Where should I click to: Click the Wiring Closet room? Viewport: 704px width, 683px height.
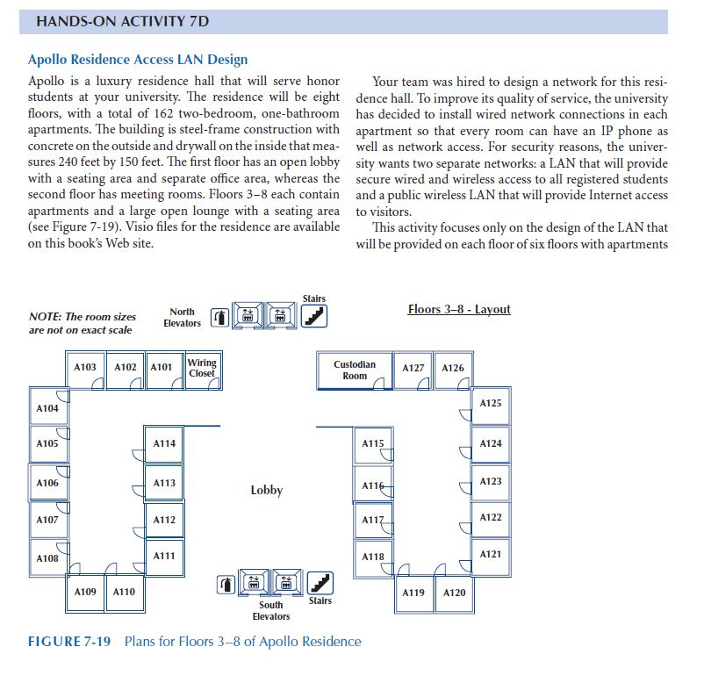201,368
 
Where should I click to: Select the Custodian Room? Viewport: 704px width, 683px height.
354,370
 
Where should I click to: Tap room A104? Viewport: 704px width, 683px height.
47,408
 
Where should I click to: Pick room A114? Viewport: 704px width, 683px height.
164,443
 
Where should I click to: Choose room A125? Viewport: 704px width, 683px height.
491,403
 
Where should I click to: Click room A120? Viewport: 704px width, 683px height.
454,593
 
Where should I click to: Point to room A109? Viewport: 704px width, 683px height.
85,592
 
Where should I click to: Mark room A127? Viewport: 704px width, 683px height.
413,368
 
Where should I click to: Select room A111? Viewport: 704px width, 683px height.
164,556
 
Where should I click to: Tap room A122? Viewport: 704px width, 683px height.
491,517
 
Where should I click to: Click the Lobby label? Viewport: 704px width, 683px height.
266,490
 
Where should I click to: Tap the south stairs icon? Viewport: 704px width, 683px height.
322,582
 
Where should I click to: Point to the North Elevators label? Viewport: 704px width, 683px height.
182,317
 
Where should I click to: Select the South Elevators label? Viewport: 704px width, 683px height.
270,610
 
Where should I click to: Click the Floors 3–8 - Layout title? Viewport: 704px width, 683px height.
459,309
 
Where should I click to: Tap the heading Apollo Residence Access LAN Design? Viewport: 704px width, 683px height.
138,60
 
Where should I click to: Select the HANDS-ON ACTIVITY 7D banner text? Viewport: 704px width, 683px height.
122,21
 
